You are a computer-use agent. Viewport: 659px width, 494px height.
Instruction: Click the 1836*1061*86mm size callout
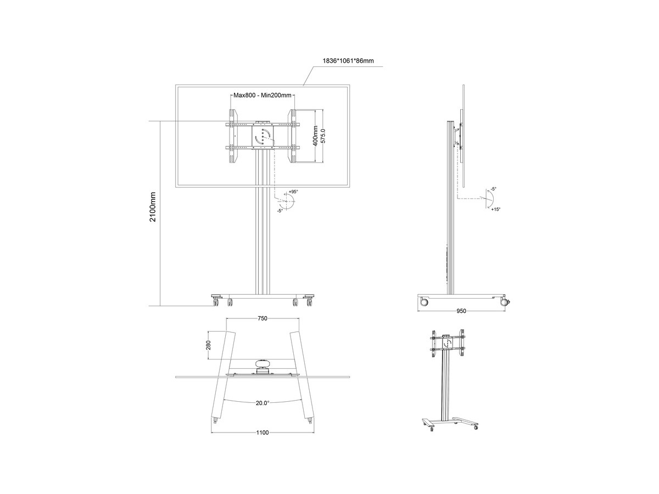(x=348, y=61)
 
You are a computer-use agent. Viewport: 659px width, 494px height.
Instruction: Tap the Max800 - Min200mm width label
(x=263, y=96)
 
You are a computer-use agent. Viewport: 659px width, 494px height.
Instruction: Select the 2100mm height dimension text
(x=153, y=207)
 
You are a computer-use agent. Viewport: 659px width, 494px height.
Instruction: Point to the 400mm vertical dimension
(x=315, y=136)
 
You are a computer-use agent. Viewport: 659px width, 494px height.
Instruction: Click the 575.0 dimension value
(x=323, y=136)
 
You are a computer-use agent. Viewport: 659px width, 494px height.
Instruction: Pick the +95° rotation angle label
(x=293, y=192)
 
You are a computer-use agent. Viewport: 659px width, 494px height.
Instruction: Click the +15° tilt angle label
(x=496, y=209)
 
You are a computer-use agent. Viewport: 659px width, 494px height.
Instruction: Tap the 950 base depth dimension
(x=461, y=311)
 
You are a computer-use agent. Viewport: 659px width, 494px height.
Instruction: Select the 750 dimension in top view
(x=263, y=318)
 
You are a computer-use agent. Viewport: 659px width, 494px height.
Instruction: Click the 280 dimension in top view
(x=209, y=345)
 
